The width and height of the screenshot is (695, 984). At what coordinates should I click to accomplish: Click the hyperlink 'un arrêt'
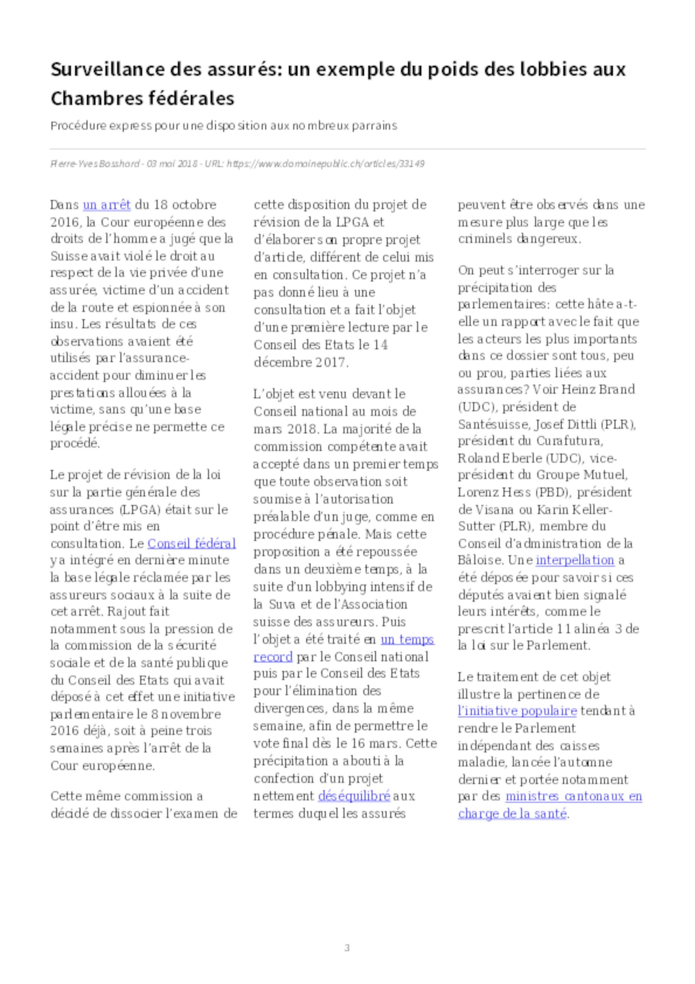tap(107, 205)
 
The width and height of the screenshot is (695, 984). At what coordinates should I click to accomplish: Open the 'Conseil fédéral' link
tap(191, 543)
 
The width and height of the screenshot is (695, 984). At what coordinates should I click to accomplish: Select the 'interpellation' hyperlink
tap(575, 560)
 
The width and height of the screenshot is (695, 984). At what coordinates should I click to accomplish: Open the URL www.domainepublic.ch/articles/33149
tap(326, 164)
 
